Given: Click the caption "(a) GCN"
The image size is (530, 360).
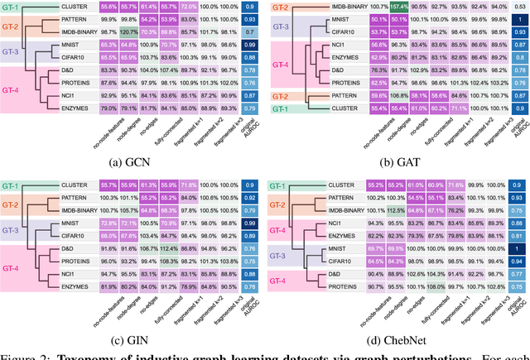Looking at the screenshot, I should pos(132,161).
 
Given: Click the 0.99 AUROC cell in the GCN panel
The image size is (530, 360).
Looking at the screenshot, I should pos(249,46).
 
